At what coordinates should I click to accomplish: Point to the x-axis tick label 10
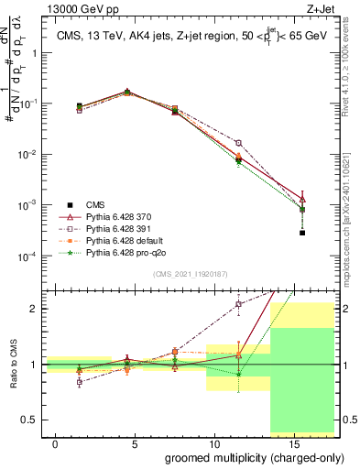[207, 444]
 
